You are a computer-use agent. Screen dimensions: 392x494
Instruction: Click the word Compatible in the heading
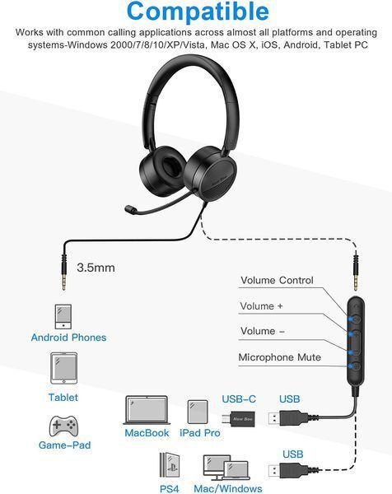(x=198, y=12)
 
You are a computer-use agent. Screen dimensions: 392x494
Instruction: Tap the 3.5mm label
(x=96, y=268)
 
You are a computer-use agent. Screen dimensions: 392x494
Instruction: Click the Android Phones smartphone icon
(x=63, y=317)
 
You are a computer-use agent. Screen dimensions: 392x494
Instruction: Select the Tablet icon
(x=63, y=368)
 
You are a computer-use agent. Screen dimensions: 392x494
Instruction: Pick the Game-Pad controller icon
(x=63, y=426)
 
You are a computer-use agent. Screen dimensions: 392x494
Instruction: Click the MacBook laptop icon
(x=147, y=410)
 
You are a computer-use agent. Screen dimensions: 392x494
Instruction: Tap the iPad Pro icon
(x=198, y=412)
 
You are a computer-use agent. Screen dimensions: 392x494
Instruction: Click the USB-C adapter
(x=238, y=419)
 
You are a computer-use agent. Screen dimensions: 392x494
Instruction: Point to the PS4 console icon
(x=170, y=466)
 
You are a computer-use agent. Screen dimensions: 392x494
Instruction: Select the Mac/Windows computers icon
(x=226, y=468)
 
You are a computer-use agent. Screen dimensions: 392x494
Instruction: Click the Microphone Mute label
(x=279, y=357)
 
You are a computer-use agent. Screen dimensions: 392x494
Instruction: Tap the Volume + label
(x=261, y=306)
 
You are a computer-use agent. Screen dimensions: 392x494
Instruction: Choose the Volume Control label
(x=277, y=280)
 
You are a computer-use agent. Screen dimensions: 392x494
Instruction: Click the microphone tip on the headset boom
(x=131, y=209)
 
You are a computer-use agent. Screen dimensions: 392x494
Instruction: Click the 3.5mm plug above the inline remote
(x=356, y=270)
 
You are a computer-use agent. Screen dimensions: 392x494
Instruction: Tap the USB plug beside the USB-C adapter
(x=287, y=419)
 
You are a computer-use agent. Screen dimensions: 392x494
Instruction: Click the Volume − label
(x=263, y=331)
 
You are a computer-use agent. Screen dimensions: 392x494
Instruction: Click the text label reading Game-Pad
(x=64, y=445)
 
